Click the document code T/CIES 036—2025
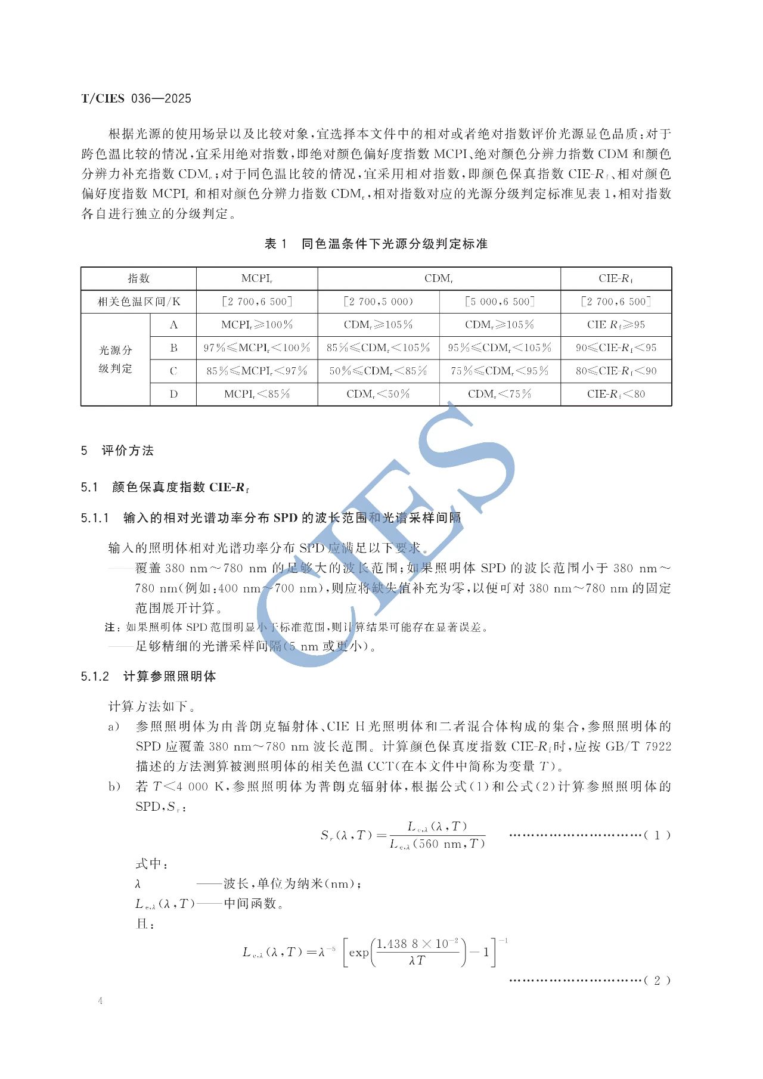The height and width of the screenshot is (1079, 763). (x=136, y=99)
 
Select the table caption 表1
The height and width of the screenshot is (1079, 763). (x=275, y=244)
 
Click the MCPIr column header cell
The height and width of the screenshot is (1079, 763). (x=257, y=278)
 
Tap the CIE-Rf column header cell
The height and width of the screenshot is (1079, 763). (x=616, y=278)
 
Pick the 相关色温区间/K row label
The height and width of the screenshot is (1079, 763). (x=139, y=302)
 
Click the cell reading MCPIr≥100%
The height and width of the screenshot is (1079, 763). (x=257, y=325)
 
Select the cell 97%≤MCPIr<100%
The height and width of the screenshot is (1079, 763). (x=257, y=348)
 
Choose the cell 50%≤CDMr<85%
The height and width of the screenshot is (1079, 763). (x=379, y=371)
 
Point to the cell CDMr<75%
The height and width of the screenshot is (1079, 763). (x=500, y=394)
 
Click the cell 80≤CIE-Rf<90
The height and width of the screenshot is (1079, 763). (x=616, y=371)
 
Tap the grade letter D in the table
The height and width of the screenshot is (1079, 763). (x=173, y=394)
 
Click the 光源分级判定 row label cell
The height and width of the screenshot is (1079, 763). (x=116, y=359)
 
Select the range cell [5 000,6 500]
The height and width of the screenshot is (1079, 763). (x=500, y=302)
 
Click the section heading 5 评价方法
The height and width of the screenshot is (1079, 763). (x=117, y=451)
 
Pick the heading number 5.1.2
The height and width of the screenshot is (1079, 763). (x=95, y=677)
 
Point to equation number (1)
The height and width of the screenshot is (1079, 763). (x=657, y=835)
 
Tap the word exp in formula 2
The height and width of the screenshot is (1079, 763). (x=359, y=953)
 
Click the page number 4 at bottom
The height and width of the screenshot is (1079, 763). (x=100, y=1001)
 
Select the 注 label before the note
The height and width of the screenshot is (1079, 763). (x=110, y=627)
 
